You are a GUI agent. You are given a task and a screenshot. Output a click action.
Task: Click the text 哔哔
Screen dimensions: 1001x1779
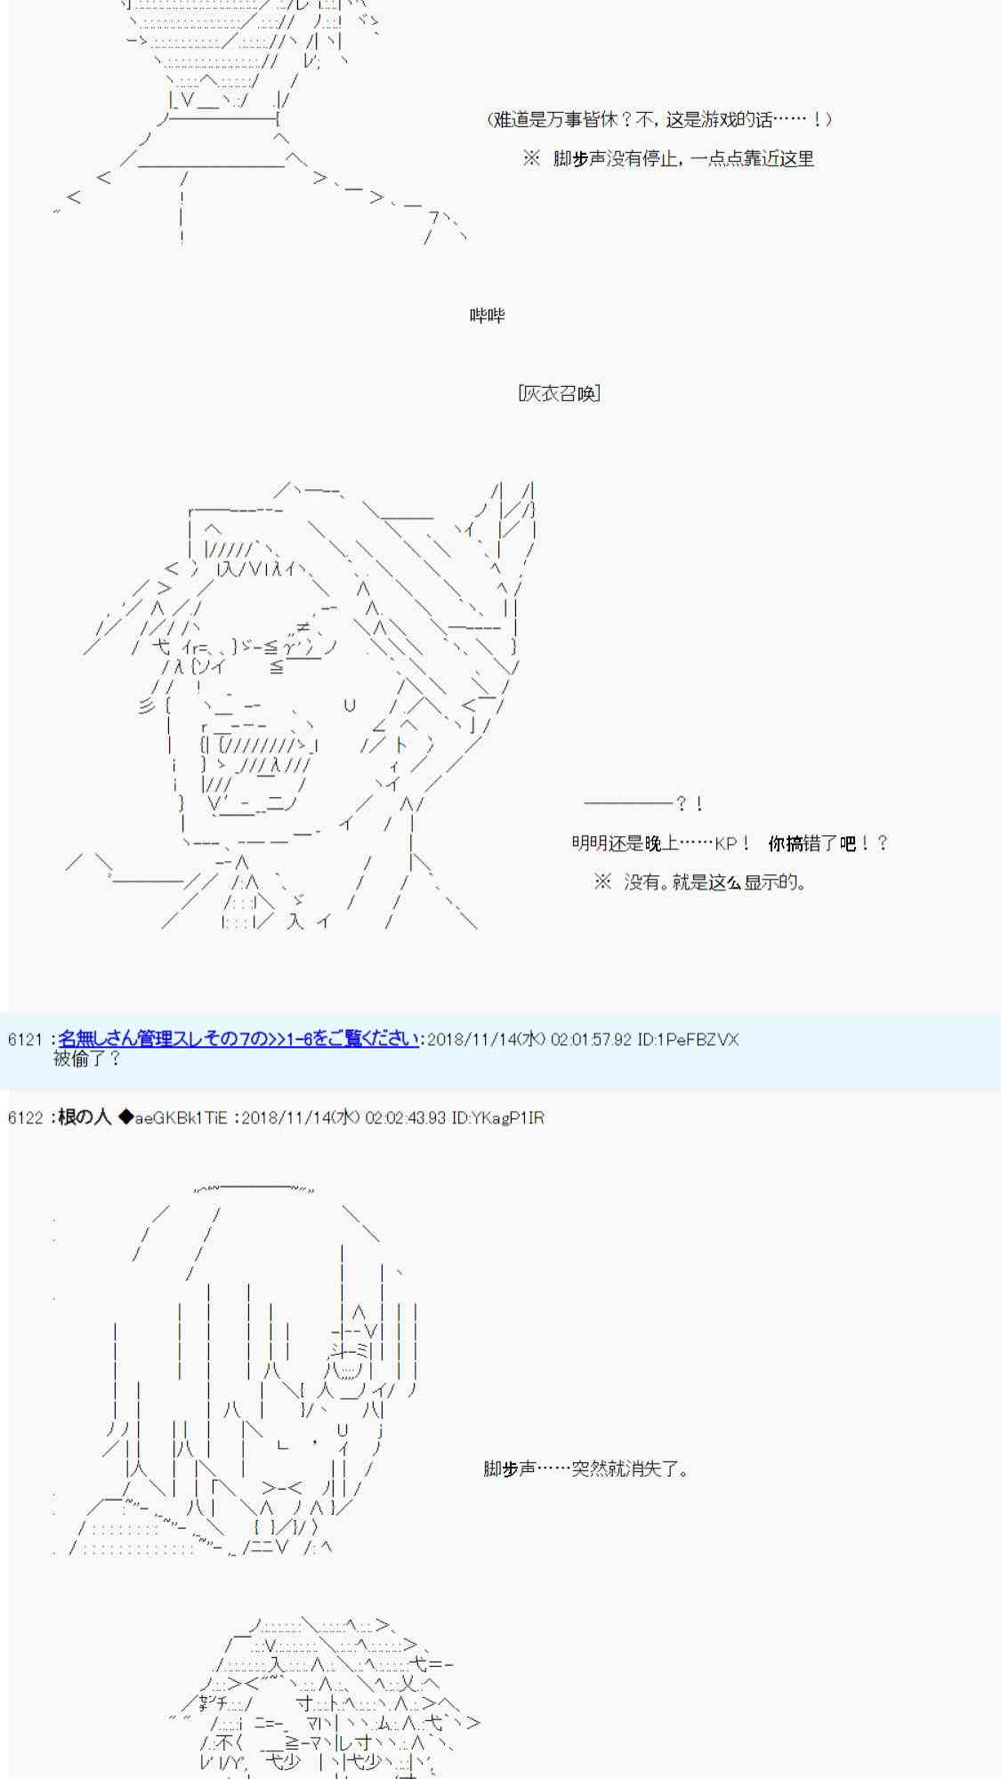(x=488, y=316)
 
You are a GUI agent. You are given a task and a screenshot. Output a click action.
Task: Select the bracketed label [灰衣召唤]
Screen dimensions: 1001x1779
(x=559, y=393)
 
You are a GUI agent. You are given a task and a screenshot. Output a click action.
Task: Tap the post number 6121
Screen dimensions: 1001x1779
(x=25, y=1039)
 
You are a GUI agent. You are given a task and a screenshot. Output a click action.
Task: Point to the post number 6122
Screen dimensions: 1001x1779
(x=25, y=1117)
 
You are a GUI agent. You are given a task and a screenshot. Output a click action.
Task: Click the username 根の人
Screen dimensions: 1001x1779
(x=85, y=1117)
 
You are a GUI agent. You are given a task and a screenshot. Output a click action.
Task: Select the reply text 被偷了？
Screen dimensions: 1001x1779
(x=86, y=1059)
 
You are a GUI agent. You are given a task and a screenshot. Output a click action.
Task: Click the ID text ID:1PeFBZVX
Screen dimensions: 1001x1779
(x=688, y=1039)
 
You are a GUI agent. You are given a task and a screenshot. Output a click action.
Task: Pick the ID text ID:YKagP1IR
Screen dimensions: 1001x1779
(x=497, y=1117)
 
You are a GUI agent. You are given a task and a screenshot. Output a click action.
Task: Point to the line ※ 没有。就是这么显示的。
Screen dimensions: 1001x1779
(x=700, y=882)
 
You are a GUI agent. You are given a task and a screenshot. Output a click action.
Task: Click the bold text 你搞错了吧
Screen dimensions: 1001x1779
(x=811, y=843)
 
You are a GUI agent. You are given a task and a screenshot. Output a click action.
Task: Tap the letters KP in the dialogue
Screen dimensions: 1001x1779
(x=726, y=843)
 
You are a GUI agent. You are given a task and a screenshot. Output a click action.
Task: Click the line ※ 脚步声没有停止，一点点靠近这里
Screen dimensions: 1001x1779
(x=668, y=158)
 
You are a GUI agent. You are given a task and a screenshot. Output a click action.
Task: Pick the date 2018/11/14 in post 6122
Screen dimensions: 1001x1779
(x=286, y=1117)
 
